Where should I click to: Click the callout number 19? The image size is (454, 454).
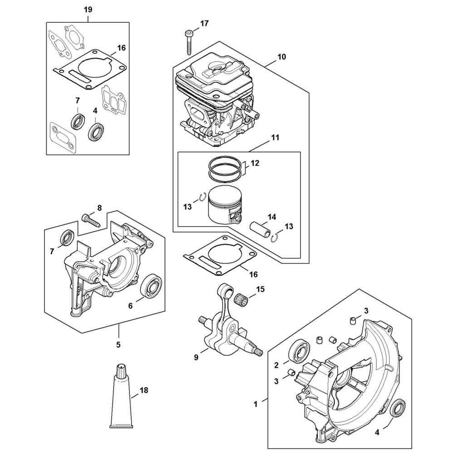pyautogui.click(x=88, y=10)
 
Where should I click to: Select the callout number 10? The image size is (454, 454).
pyautogui.click(x=281, y=57)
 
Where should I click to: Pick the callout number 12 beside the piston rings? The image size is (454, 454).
pyautogui.click(x=255, y=163)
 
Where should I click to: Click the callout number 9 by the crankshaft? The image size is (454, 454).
pyautogui.click(x=196, y=357)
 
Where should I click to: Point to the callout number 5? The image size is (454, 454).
pyautogui.click(x=118, y=345)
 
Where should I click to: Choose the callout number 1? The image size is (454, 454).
pyautogui.click(x=255, y=404)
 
